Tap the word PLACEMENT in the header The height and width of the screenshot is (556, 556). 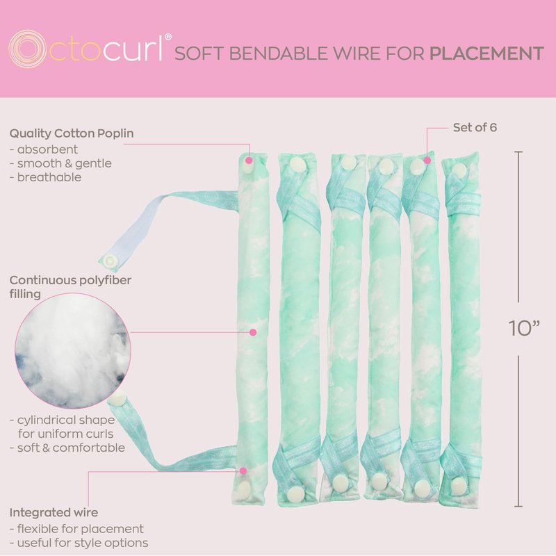click(486, 53)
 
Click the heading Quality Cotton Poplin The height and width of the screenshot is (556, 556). click(72, 133)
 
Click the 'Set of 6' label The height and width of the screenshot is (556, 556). click(475, 127)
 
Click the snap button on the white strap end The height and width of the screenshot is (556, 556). click(110, 260)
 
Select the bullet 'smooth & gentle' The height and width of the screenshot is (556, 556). click(60, 163)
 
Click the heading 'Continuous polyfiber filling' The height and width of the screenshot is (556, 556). click(70, 287)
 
